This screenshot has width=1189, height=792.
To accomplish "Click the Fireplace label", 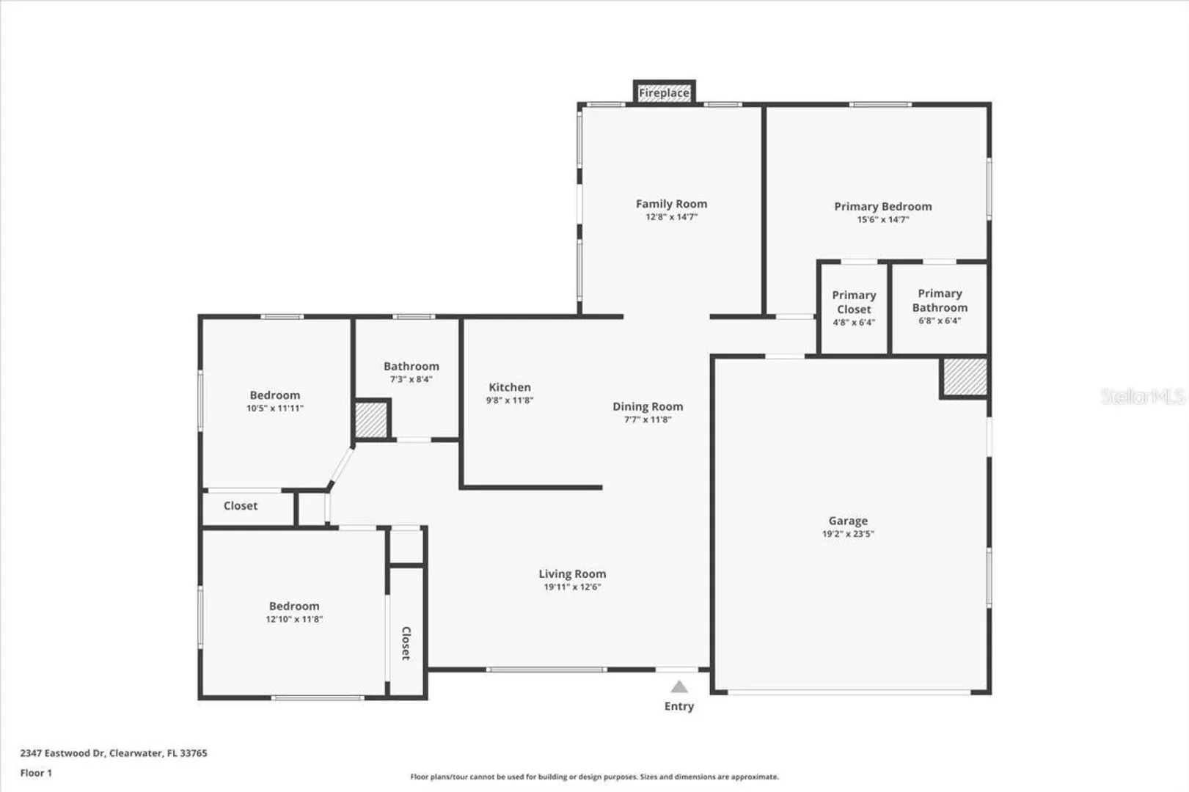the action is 664,93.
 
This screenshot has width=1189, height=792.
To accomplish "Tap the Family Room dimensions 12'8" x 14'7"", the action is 671,216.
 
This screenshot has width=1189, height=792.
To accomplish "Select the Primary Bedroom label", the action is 882,207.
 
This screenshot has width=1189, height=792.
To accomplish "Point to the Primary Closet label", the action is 854,302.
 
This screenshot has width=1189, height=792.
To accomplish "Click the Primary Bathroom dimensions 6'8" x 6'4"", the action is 940,320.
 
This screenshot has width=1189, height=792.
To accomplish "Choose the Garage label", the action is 848,521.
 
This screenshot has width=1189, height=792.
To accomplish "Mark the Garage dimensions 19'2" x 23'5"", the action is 848,534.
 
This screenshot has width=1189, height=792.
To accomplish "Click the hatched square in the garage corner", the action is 965,377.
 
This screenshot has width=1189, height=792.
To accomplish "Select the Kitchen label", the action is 510,387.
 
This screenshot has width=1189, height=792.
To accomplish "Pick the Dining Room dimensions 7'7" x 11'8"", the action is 648,419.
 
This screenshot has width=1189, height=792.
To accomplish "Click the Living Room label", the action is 572,573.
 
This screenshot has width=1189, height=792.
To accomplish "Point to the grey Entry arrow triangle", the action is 679,687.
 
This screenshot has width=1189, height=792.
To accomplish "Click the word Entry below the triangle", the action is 679,706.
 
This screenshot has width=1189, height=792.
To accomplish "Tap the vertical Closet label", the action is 406,643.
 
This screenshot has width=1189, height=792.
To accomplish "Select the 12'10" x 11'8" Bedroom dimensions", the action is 294,619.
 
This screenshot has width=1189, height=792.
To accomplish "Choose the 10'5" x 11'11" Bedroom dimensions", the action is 275,408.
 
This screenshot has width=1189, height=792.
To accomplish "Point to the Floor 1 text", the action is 36,773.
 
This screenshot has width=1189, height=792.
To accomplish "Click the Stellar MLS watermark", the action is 1142,396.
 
